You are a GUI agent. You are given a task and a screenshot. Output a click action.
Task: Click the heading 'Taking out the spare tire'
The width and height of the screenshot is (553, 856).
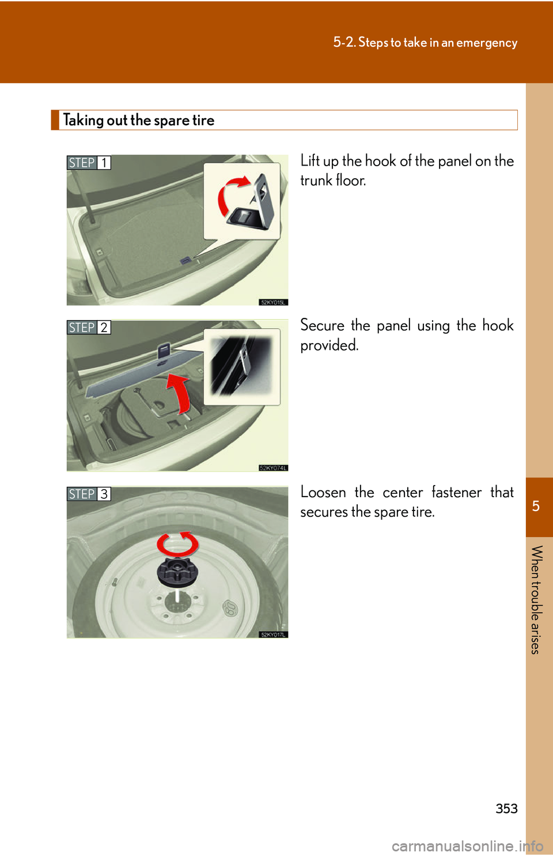point(138,121)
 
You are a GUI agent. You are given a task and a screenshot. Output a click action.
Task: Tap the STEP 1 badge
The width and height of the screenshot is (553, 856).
point(89,163)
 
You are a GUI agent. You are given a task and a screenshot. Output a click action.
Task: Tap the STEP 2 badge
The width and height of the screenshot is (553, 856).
point(89,328)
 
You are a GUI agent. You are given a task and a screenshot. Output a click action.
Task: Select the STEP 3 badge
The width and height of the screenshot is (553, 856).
point(89,494)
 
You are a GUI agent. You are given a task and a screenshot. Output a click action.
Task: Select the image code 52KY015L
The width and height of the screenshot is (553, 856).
point(273,302)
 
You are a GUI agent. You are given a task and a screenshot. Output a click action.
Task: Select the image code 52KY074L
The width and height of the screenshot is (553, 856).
point(273,468)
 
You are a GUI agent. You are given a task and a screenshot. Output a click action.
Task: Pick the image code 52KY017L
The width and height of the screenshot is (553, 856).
point(273,635)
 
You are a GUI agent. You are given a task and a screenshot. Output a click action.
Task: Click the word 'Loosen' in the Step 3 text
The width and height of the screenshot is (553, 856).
point(323,492)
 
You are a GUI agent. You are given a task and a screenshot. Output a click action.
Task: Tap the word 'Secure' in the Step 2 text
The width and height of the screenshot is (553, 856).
point(323,325)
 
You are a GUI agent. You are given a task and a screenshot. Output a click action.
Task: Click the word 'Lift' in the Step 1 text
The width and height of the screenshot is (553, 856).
point(310,161)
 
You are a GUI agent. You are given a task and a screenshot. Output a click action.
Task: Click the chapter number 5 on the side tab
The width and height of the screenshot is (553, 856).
point(536,506)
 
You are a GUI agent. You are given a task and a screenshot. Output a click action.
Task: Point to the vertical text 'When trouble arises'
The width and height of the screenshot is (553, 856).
point(536,599)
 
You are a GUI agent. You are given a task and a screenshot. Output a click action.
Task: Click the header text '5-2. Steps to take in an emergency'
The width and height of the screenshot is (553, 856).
point(425,43)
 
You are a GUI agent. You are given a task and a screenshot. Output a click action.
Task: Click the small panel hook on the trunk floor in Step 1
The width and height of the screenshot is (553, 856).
point(185,260)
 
